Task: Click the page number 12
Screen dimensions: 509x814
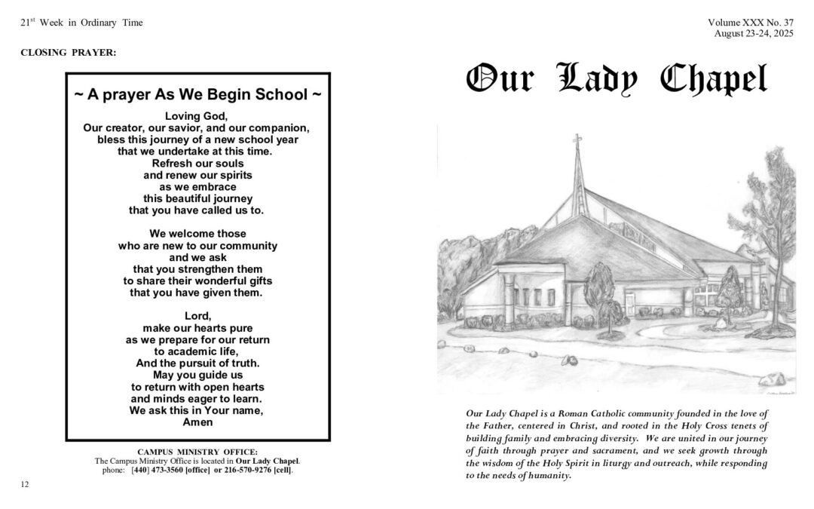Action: tap(25, 484)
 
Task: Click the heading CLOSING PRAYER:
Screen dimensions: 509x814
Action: tap(69, 52)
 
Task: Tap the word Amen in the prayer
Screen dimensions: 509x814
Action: tap(198, 422)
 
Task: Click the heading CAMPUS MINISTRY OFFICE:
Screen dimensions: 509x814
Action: tap(197, 451)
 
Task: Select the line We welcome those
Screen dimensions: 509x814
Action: tap(197, 234)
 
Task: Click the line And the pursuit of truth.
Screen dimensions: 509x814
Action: tap(198, 363)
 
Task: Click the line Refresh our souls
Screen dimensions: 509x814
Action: tap(197, 163)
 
